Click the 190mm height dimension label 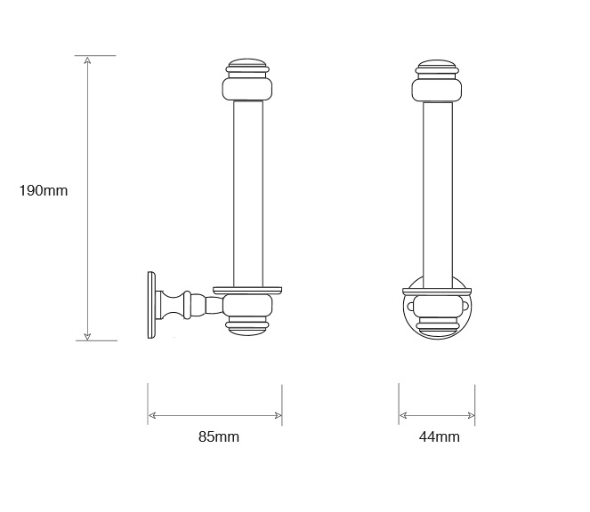point(44,191)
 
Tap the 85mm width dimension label point(219,436)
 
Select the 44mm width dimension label point(439,436)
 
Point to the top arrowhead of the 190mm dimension point(87,60)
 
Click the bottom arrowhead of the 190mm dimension point(87,336)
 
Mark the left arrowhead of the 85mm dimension point(152,415)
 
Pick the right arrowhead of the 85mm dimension point(278,415)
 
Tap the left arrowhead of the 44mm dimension point(403,415)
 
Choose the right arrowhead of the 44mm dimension point(471,415)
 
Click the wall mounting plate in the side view point(151,305)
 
